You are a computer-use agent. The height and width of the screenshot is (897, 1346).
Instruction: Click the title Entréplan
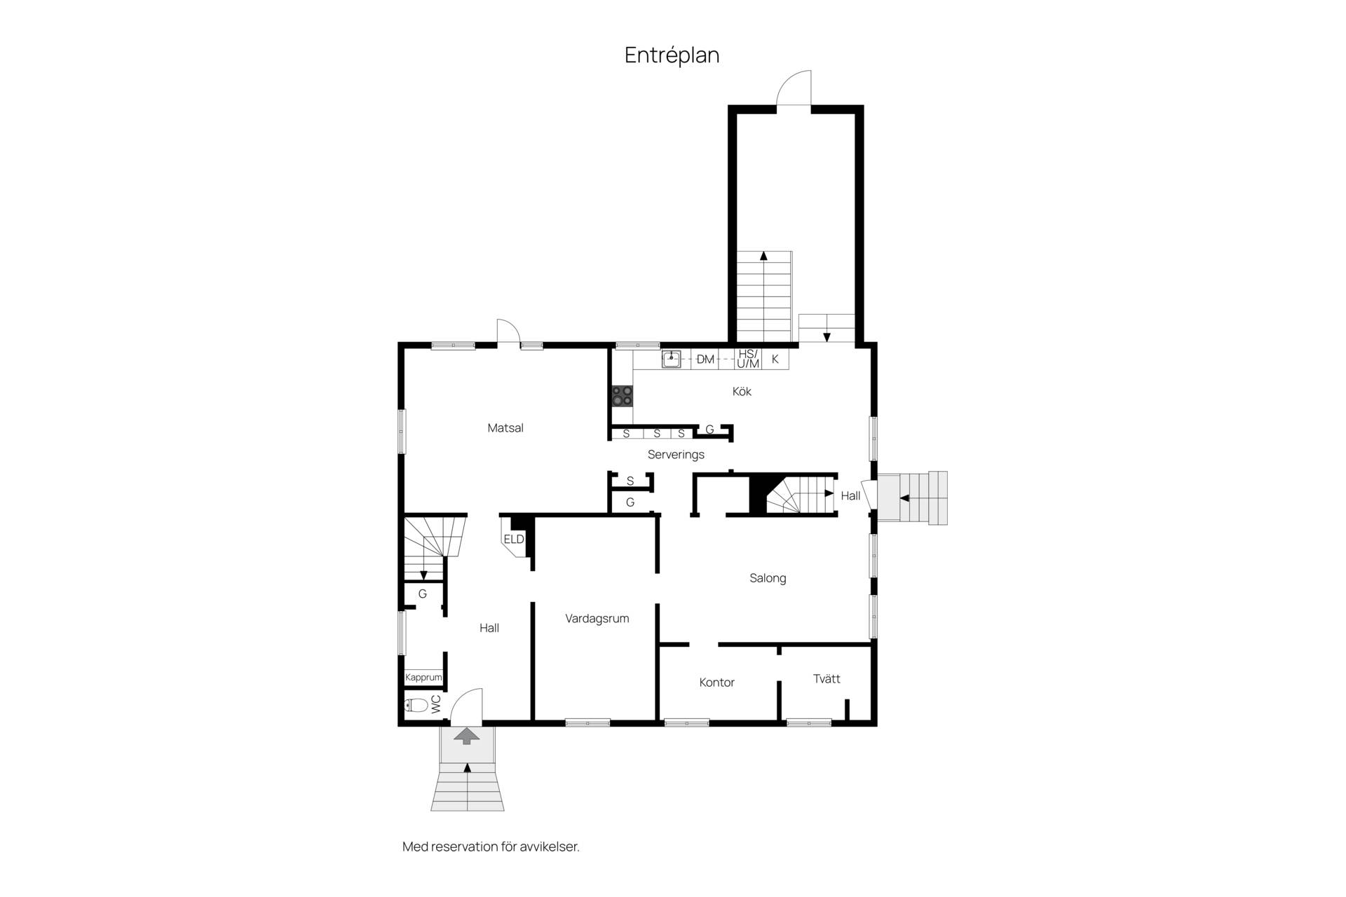coord(672,55)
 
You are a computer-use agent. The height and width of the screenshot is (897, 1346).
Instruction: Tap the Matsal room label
coord(505,428)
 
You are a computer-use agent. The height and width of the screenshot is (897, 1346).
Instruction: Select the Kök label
coord(742,392)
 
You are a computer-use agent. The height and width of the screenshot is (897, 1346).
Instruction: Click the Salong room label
coord(768,578)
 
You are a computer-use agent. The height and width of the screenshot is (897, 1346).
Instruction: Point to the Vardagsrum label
coord(597,619)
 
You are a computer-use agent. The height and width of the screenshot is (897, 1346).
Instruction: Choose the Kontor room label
coord(716,683)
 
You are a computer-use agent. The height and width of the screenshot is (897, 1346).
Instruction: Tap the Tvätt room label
coord(827,678)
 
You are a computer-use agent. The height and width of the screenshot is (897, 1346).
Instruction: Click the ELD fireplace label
coord(514,539)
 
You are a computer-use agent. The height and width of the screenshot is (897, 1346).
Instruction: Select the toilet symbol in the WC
coord(416,705)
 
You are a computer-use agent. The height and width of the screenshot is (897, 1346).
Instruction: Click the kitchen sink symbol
coord(672,360)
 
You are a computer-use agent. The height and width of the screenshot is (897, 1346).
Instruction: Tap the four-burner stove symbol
coord(622,396)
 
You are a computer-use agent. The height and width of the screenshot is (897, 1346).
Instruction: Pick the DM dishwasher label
coord(705,360)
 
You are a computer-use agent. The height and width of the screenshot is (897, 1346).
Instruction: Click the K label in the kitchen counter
coord(775,360)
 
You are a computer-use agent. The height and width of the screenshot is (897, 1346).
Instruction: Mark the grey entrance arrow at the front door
coord(467,735)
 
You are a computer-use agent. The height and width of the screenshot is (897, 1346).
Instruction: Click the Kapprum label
coord(423,678)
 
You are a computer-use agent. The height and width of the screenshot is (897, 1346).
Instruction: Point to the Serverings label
coord(676,455)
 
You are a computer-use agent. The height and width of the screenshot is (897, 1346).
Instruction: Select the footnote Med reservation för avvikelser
coord(491,847)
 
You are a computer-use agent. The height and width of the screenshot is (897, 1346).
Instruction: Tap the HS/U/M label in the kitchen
coord(748,359)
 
